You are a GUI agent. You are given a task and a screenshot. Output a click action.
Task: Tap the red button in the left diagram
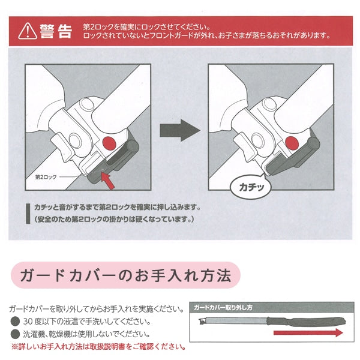click(x=109, y=143)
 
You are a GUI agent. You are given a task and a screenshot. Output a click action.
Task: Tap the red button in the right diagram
click(x=292, y=143)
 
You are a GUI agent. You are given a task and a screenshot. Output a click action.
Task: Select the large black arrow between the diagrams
click(x=180, y=129)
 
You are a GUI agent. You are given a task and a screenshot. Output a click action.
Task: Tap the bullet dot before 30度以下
click(x=15, y=322)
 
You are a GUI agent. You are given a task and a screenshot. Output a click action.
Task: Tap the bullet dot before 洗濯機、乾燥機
click(x=15, y=334)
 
